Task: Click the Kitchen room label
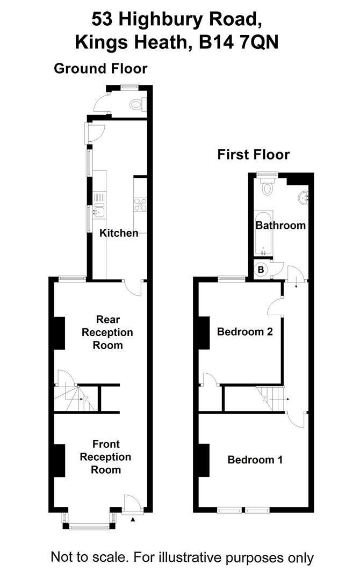pyautogui.click(x=119, y=233)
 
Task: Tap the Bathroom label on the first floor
pyautogui.click(x=280, y=225)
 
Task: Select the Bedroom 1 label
pyautogui.click(x=255, y=460)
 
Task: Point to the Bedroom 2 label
pyautogui.click(x=245, y=332)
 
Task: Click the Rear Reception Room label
pyautogui.click(x=107, y=332)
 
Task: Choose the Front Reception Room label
pyautogui.click(x=106, y=457)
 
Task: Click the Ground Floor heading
pyautogui.click(x=100, y=69)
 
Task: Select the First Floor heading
pyautogui.click(x=253, y=155)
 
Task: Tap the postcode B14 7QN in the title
pyautogui.click(x=240, y=42)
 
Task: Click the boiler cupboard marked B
pyautogui.click(x=261, y=270)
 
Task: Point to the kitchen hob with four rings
pyautogui.click(x=140, y=204)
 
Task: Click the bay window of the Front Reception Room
pyautogui.click(x=90, y=525)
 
